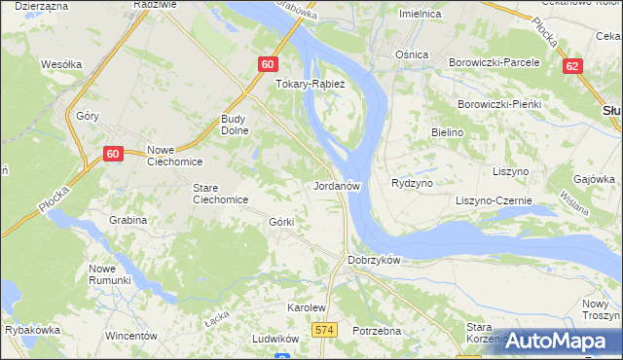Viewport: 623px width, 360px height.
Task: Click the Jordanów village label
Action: [x=339, y=185]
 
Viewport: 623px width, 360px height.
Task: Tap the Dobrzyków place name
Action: [x=375, y=260]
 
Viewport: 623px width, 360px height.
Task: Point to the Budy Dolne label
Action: [x=236, y=124]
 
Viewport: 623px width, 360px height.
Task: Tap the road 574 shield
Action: [x=325, y=331]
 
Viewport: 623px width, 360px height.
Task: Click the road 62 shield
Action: [x=573, y=65]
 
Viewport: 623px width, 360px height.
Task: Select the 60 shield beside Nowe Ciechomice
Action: [x=113, y=154]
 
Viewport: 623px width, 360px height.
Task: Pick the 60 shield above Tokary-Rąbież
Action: [x=270, y=64]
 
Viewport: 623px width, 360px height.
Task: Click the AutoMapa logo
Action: [x=561, y=341]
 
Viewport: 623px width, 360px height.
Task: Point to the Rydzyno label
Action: [x=411, y=183]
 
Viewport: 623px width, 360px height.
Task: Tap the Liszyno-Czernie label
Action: [x=494, y=200]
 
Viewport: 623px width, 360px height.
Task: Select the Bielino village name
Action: [x=447, y=130]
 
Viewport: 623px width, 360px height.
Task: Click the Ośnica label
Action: [x=412, y=54]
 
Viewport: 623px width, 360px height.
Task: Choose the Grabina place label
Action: [x=128, y=220]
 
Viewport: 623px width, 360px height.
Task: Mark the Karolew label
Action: [x=306, y=306]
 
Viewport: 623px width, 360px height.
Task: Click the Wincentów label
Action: [x=131, y=336]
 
